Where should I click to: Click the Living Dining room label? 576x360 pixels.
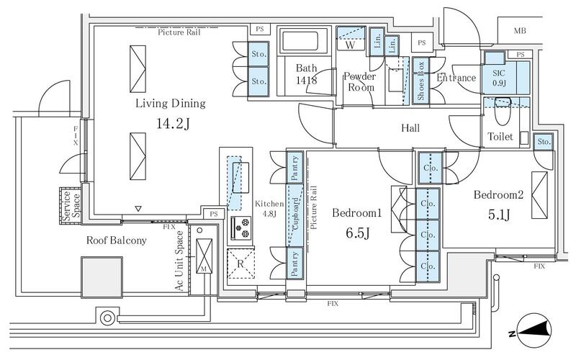pos(171,103)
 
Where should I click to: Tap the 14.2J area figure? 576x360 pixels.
pos(173,124)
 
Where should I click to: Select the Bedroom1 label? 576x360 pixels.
pos(356,212)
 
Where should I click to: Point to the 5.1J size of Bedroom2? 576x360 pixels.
pos(499,214)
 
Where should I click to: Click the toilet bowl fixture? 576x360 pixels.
pos(503,111)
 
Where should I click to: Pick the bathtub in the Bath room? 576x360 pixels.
pos(300,41)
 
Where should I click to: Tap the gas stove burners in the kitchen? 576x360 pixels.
pos(241,228)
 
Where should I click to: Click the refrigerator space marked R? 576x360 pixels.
pos(240,264)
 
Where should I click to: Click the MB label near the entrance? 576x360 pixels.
pos(520,31)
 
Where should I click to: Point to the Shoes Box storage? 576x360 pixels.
pos(420,81)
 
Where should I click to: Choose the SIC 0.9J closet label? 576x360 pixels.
pos(499,78)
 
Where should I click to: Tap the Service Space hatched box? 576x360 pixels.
pos(70,206)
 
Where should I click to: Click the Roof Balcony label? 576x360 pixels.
pos(117,240)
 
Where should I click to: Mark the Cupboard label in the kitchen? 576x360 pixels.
pos(295,214)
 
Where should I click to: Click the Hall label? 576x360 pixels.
pos(410,128)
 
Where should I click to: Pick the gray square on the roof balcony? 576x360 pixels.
pos(102,277)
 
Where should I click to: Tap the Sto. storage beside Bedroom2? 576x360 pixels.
pos(544,141)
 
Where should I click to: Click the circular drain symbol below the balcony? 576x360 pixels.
pos(107,318)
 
